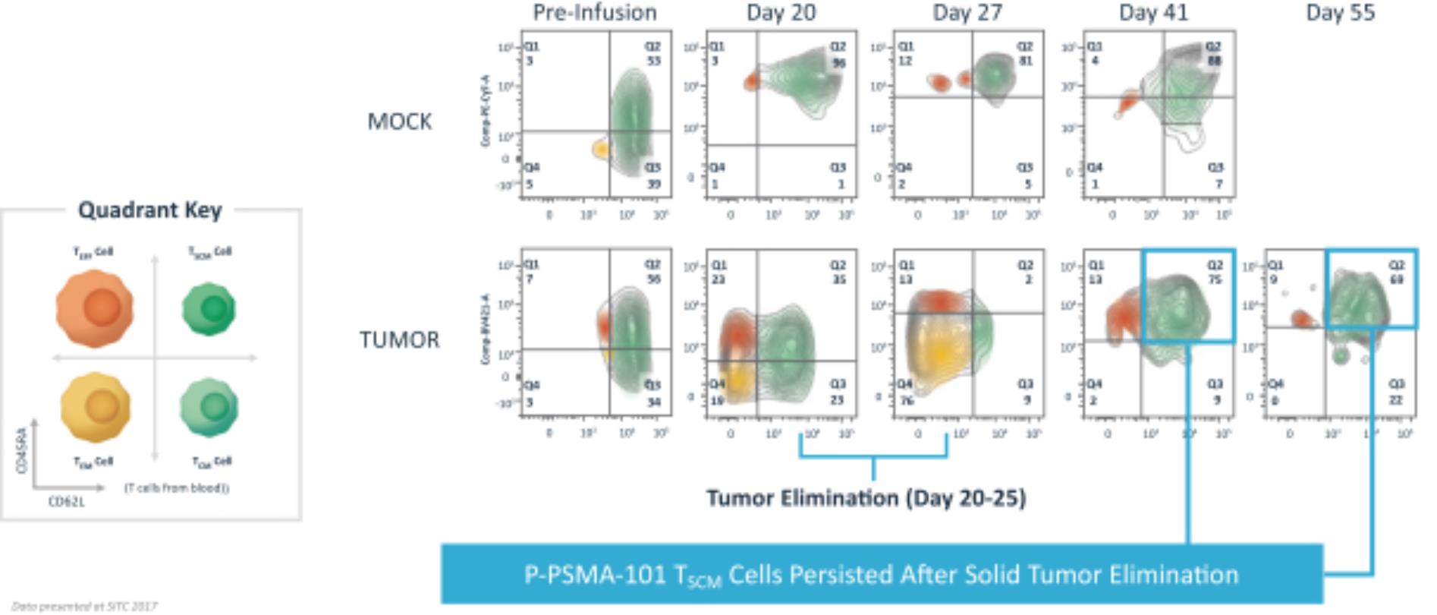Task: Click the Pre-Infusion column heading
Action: (594, 12)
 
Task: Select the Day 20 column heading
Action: (781, 12)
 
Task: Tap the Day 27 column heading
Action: (967, 12)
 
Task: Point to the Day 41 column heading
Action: (1153, 12)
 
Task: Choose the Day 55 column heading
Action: (1340, 12)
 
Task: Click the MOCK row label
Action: (399, 121)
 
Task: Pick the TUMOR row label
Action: (399, 339)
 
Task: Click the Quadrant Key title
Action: (150, 210)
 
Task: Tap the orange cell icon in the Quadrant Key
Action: (95, 307)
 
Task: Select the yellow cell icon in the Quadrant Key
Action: (96, 407)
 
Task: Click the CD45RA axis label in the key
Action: (22, 450)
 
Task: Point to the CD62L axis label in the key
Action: (67, 502)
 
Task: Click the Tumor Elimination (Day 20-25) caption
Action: (866, 498)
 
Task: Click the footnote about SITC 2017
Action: (84, 606)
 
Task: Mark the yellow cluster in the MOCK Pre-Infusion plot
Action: (601, 150)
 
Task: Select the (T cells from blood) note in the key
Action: (176, 487)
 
